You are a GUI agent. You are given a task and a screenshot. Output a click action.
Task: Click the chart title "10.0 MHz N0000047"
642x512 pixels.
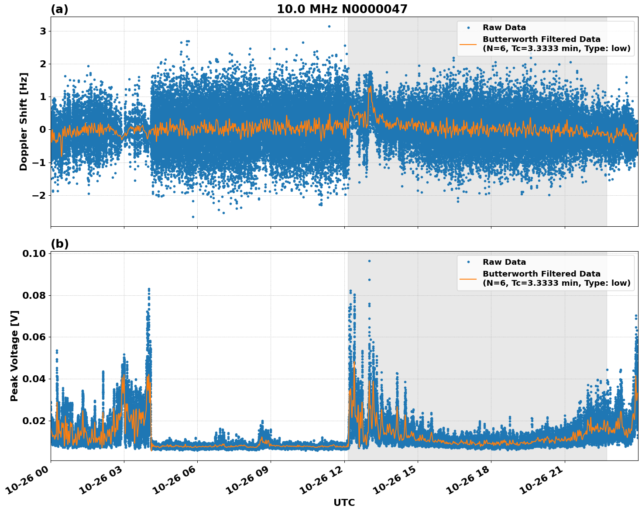342,9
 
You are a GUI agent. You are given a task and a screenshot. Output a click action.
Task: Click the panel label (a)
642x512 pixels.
59,9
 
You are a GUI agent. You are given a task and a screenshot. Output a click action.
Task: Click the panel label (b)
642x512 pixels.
59,244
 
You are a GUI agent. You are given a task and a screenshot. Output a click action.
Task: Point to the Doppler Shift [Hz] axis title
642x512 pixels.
24,121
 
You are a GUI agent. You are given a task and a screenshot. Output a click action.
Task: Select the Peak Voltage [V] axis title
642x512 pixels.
14,356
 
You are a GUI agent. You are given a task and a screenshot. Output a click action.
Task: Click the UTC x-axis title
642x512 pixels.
344,502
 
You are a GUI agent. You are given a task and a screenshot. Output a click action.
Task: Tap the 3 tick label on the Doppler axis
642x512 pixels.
43,31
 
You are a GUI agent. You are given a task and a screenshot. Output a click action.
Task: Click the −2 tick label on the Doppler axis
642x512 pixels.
39,195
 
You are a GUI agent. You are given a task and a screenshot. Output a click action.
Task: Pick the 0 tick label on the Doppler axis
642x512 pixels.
43,129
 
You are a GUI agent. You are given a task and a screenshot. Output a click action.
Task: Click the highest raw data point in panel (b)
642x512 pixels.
369,261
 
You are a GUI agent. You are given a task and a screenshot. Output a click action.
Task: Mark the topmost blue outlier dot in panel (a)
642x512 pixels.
329,26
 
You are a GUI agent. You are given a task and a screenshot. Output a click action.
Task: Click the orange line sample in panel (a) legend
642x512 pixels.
468,44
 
